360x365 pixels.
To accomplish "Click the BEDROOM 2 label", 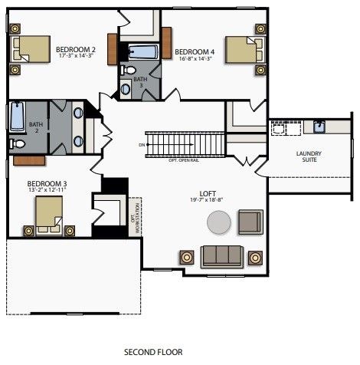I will (x=74, y=49).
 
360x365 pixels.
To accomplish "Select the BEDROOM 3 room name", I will (x=47, y=184).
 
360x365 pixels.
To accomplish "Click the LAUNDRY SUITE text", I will (x=309, y=157).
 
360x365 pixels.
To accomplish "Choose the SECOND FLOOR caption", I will (x=153, y=352).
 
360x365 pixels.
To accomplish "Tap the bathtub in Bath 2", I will (x=18, y=117).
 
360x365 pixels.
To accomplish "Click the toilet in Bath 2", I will (x=17, y=143).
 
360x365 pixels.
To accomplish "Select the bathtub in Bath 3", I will (x=142, y=52).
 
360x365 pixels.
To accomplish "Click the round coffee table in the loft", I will (x=218, y=223).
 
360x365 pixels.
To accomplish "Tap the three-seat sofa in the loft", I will (x=222, y=255).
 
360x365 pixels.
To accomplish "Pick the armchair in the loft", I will (x=250, y=222).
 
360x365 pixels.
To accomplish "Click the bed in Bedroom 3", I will (x=48, y=222).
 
